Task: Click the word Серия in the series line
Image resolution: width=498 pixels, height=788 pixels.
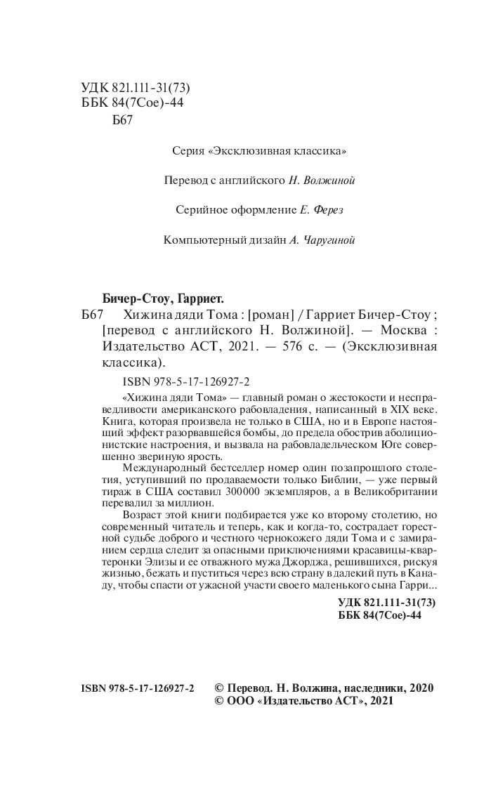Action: point(188,150)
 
